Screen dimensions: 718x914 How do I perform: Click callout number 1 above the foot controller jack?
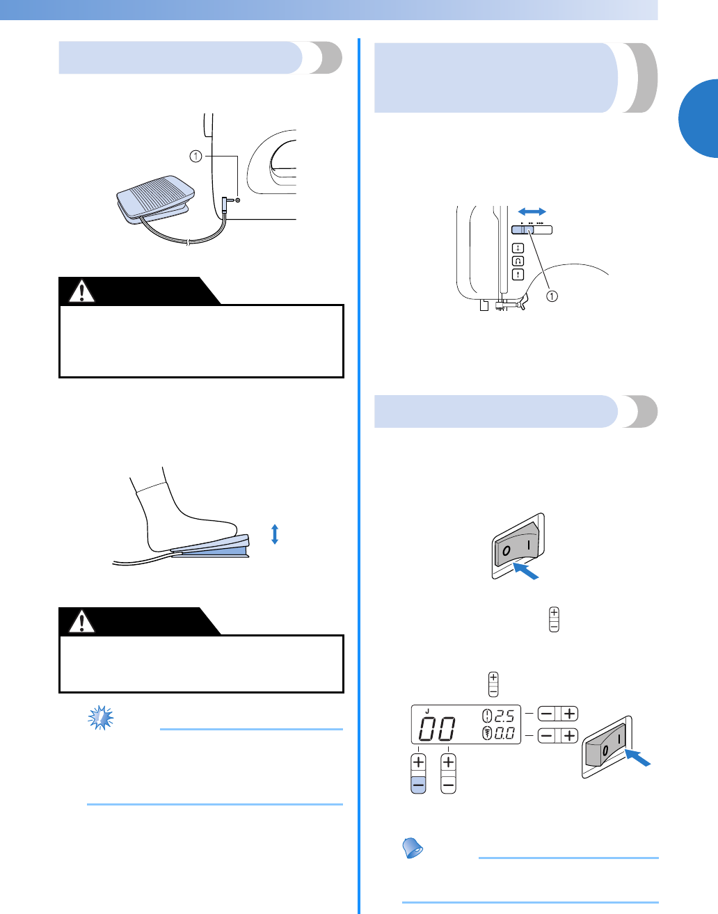point(196,157)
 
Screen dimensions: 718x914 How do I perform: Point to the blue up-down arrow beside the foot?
point(275,534)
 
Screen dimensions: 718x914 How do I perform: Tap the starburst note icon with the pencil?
point(101,717)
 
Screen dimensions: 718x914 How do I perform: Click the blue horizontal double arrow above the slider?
point(532,211)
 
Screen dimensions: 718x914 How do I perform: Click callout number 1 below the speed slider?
point(551,296)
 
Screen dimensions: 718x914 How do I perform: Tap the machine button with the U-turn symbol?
point(518,261)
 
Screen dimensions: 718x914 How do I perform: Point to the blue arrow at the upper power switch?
point(525,571)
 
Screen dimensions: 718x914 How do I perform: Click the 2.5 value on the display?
point(504,716)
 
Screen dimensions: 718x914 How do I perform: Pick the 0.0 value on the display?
point(504,732)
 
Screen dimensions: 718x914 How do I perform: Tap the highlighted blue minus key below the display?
point(418,785)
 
